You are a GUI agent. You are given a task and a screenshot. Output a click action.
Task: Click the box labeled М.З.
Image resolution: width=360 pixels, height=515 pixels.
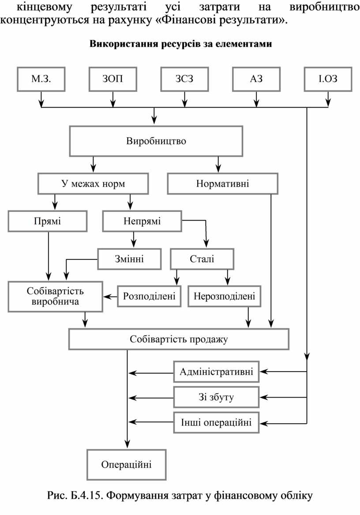tap(41, 79)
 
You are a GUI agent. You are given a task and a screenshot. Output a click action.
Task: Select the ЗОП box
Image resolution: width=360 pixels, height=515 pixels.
tap(113, 79)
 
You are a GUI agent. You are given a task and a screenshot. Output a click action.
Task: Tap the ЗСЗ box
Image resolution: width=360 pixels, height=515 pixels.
tap(184, 79)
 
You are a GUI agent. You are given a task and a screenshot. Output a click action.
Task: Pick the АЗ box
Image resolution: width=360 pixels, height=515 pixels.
tap(256, 79)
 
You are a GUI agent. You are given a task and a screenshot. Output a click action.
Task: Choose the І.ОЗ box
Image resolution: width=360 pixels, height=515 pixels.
tap(328, 79)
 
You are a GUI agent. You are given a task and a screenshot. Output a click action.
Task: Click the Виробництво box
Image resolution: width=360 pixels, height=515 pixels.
tap(156, 141)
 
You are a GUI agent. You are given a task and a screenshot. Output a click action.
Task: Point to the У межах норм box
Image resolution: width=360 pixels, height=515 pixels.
tap(93, 184)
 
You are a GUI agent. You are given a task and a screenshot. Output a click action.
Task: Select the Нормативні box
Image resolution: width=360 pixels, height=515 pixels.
tap(222, 184)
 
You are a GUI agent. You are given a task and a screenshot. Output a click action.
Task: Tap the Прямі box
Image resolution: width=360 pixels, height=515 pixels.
tap(48, 221)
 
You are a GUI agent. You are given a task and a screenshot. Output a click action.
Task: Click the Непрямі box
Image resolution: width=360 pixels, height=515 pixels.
tap(142, 221)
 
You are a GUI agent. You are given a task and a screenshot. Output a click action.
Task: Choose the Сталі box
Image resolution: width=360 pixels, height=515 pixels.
tap(202, 259)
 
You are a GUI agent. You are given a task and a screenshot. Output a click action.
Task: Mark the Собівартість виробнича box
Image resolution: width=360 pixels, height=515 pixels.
tap(56, 296)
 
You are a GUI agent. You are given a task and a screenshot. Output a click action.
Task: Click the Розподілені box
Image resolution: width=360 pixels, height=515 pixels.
tap(149, 296)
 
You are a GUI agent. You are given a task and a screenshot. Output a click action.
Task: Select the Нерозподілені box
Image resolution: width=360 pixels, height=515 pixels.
tap(224, 296)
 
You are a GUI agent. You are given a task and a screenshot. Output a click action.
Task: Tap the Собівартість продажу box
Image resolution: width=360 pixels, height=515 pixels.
tap(179, 339)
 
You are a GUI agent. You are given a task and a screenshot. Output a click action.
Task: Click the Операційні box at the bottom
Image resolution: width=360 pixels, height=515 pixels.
tap(126, 465)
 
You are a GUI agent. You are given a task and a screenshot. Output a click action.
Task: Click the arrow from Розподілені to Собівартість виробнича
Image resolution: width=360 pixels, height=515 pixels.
tap(110, 296)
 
